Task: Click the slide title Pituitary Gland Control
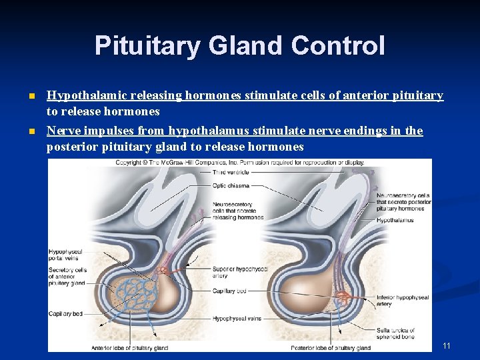point(239,46)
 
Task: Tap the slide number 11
point(447,345)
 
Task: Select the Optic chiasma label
point(231,186)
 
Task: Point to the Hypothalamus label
point(395,220)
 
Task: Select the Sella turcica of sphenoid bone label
point(395,333)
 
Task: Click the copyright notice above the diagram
point(239,162)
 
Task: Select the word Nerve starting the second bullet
point(62,131)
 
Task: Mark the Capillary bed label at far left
point(65,313)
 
